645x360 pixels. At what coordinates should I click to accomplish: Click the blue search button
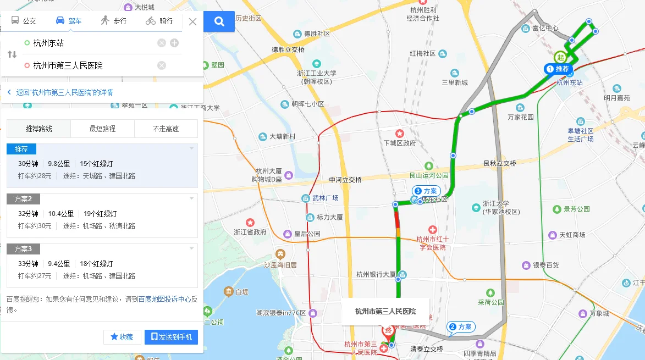click(x=219, y=22)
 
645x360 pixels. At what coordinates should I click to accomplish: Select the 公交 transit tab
click(x=24, y=21)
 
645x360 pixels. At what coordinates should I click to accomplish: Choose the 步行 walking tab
click(x=114, y=21)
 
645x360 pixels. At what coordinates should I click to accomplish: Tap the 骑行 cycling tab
click(x=159, y=21)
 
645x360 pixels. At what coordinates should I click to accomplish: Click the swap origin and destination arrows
click(x=12, y=54)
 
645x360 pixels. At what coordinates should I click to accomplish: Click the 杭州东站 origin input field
click(x=91, y=43)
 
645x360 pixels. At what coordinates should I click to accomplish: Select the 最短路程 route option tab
click(x=102, y=129)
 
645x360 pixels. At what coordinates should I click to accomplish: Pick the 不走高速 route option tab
click(x=166, y=129)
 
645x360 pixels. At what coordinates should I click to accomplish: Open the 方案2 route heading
click(x=23, y=199)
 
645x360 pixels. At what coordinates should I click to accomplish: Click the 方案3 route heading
click(x=23, y=249)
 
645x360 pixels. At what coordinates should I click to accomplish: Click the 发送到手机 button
click(x=171, y=337)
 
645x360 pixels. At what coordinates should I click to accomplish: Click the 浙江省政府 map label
click(x=250, y=231)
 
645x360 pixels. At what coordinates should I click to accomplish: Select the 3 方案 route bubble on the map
click(x=427, y=191)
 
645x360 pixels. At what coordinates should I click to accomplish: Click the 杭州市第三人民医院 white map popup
click(x=385, y=311)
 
